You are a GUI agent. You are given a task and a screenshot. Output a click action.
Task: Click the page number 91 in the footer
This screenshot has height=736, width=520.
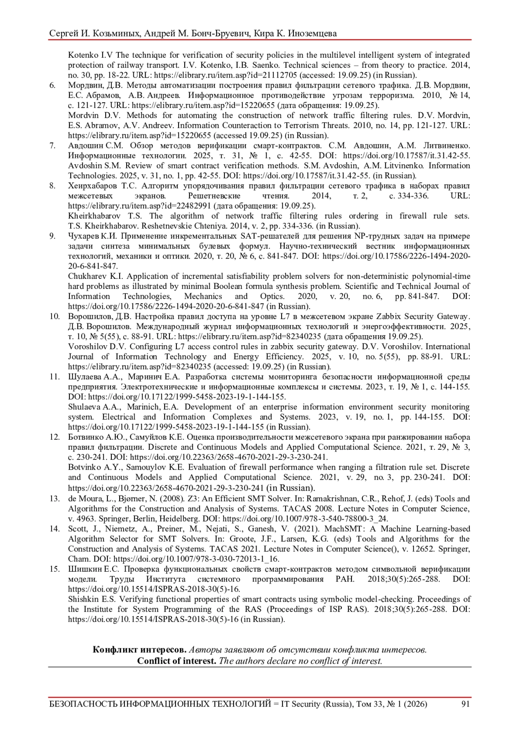(x=465, y=704)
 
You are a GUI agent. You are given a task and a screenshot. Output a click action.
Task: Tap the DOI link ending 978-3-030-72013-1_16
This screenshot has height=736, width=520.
(x=196, y=559)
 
